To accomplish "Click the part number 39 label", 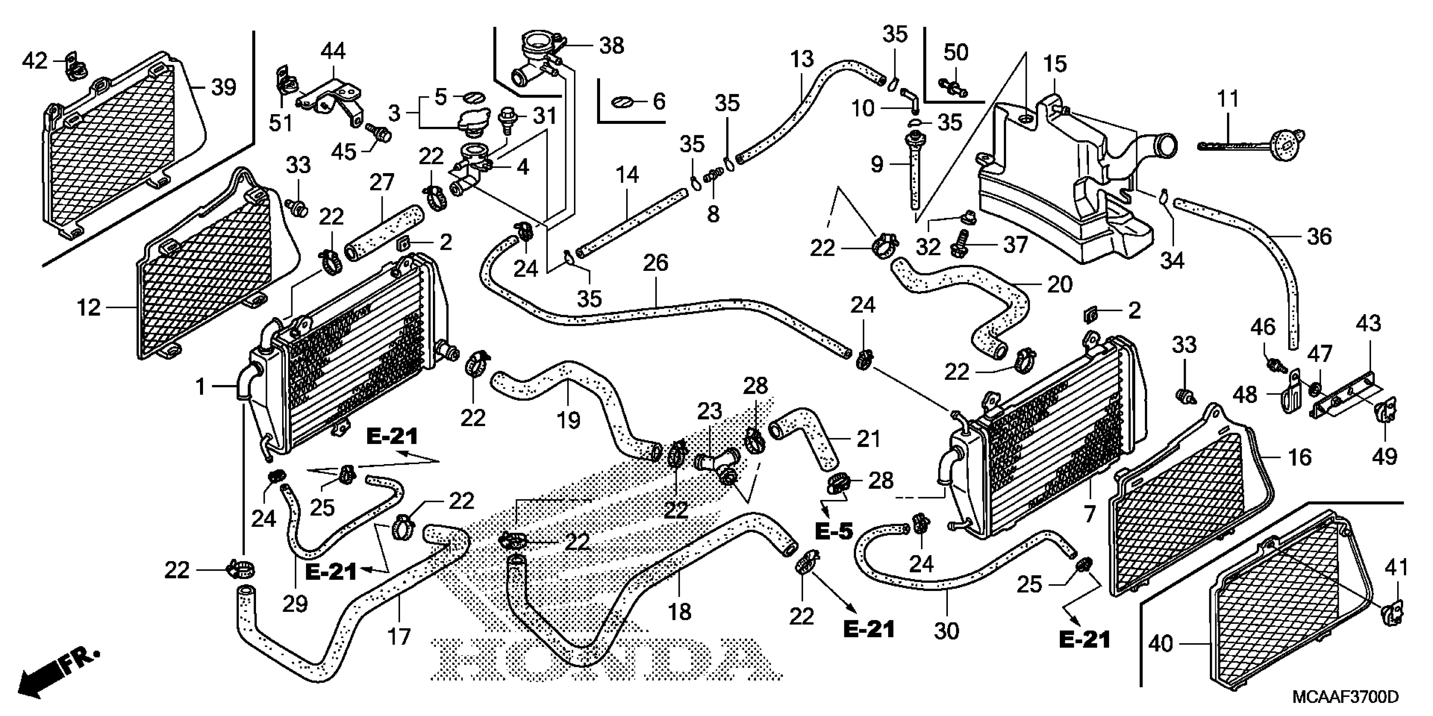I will pos(224,87).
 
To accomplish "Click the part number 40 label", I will pos(1161,644).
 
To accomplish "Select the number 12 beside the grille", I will pos(88,307).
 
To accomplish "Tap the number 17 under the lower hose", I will pos(399,636).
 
